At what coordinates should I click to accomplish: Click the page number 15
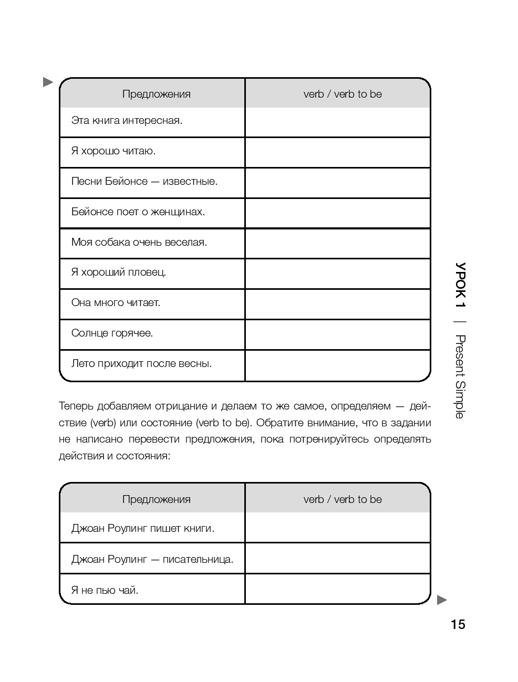point(458,624)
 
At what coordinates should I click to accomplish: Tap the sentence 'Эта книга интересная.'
point(127,121)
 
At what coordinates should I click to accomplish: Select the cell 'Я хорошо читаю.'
point(113,151)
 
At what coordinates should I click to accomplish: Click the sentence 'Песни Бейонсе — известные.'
point(144,182)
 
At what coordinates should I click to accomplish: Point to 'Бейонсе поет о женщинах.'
point(138,212)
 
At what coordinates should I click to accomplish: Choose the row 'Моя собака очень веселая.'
point(139,243)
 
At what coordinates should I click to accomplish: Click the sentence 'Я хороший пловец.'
point(119,272)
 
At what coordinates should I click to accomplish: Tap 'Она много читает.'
point(116,303)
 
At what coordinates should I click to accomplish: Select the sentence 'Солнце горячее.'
point(112,333)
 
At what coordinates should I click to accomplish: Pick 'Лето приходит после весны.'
point(141,364)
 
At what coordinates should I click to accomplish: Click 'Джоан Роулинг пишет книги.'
point(143,529)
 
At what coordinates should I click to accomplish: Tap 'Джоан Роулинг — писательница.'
point(152,560)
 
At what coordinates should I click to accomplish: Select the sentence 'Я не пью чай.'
point(105,591)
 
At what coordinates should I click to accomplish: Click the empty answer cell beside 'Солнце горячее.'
point(337,334)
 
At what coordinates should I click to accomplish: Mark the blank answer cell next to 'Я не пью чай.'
point(337,589)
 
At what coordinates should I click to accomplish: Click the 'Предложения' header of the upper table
point(156,95)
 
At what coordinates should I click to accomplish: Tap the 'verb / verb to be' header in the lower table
point(343,499)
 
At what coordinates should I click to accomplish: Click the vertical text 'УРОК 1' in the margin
point(460,285)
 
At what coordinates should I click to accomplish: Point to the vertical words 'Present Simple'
point(460,376)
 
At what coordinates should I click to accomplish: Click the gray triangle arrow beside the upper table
point(48,82)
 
